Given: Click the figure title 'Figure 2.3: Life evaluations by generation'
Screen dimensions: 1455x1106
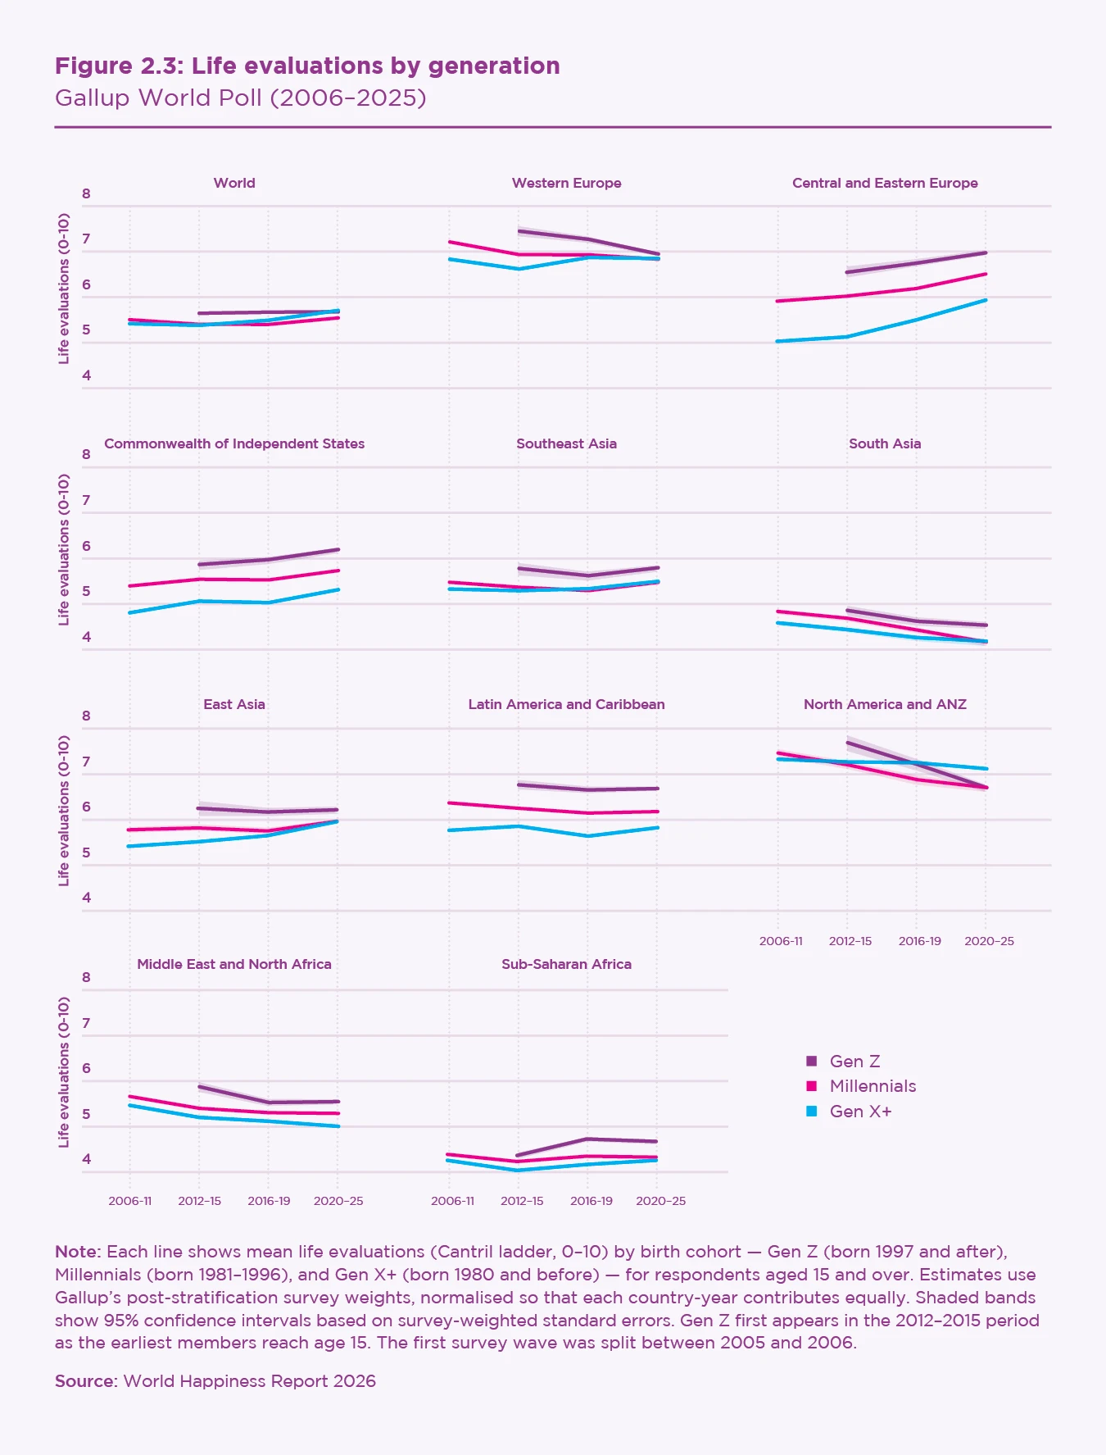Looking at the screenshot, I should pyautogui.click(x=307, y=66).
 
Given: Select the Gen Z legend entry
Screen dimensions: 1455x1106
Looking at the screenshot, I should pyautogui.click(x=854, y=1062).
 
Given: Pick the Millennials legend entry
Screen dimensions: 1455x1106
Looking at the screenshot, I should pyautogui.click(x=872, y=1086).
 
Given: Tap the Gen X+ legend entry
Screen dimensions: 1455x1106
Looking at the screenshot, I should pyautogui.click(x=859, y=1112).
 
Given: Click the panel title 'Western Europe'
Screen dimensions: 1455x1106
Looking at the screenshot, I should pyautogui.click(x=566, y=183).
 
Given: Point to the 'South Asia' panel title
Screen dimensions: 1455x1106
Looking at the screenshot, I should pyautogui.click(x=885, y=443).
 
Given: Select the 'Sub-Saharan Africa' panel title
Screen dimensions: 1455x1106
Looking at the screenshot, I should pyautogui.click(x=566, y=964).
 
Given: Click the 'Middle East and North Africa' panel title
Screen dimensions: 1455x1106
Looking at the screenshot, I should pyautogui.click(x=234, y=964).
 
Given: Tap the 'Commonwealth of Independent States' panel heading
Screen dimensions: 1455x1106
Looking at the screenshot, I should pyautogui.click(x=234, y=443).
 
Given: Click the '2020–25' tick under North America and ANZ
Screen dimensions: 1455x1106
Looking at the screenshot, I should pyautogui.click(x=989, y=941).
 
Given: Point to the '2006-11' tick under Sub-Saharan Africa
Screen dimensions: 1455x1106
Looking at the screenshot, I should pyautogui.click(x=452, y=1201).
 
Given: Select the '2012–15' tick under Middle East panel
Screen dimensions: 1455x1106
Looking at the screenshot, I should pyautogui.click(x=199, y=1201).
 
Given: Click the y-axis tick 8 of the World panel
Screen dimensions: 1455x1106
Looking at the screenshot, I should pyautogui.click(x=86, y=194).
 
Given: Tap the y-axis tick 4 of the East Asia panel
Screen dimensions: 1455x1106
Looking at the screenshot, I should pyautogui.click(x=86, y=898).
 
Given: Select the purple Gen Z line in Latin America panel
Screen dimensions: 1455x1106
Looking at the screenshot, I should pyautogui.click(x=588, y=789).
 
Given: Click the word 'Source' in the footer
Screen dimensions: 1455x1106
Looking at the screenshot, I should pyautogui.click(x=86, y=1381).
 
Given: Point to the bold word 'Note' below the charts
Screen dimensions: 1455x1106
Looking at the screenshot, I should pyautogui.click(x=77, y=1252).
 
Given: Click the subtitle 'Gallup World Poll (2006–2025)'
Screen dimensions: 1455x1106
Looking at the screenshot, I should pyautogui.click(x=240, y=98).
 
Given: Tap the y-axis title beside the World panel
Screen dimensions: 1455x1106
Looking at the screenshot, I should pyautogui.click(x=64, y=289).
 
